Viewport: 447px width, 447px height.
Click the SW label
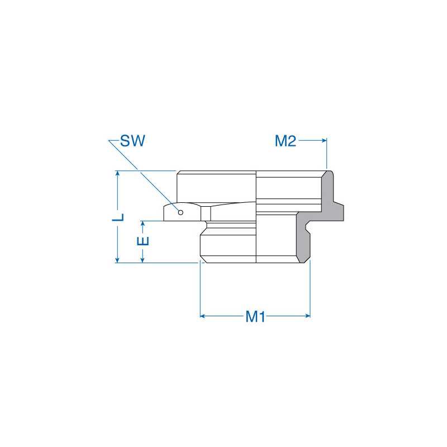(132, 141)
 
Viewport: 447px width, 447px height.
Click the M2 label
(285, 141)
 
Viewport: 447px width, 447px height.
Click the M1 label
(255, 317)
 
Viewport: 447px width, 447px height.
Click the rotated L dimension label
(118, 217)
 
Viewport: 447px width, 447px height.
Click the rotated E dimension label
(144, 241)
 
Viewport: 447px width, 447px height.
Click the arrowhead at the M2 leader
(324, 141)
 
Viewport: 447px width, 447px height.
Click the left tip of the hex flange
(165, 212)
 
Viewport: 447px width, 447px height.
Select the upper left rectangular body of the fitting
(216, 187)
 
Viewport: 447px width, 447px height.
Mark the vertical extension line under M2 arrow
(326, 156)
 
